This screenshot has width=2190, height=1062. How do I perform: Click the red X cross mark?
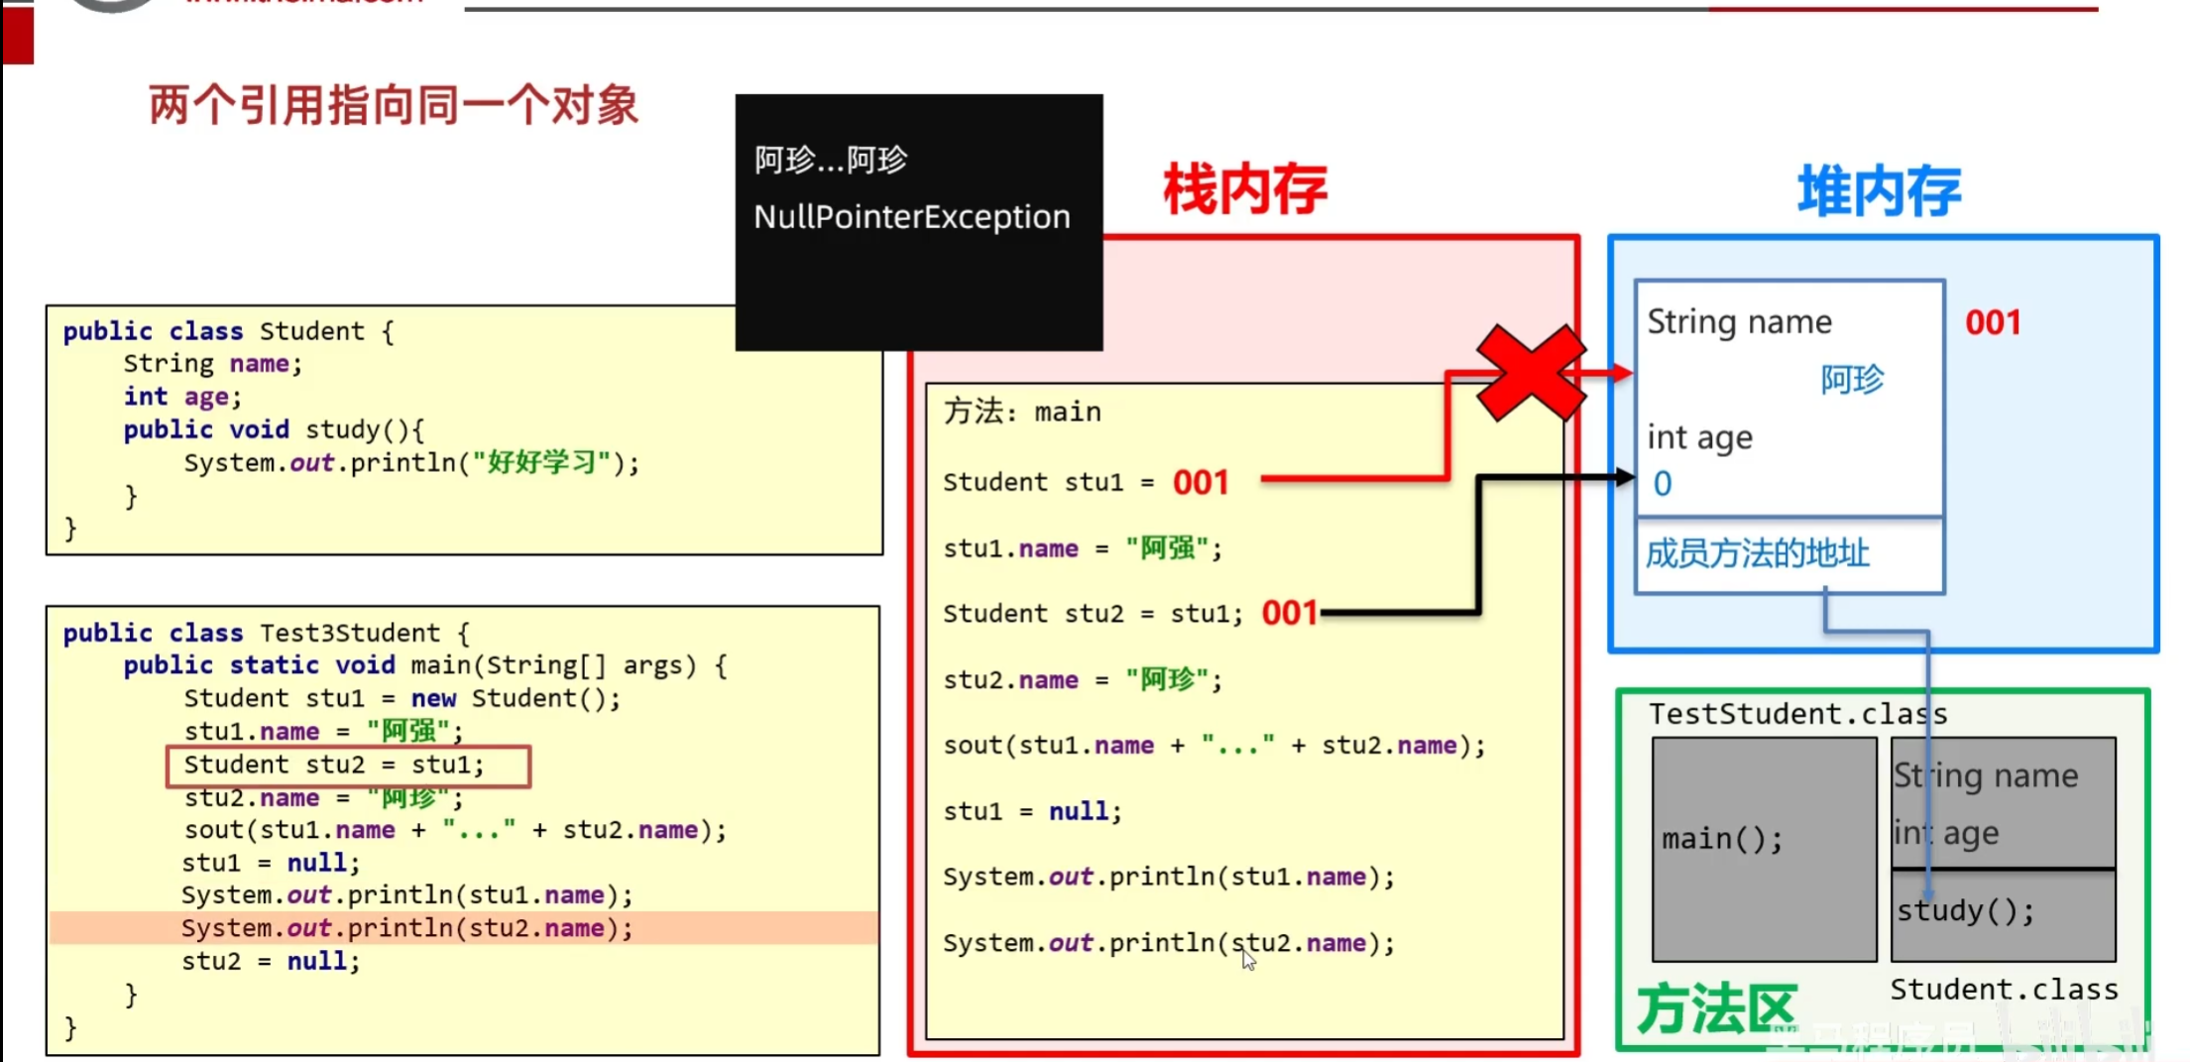(x=1530, y=373)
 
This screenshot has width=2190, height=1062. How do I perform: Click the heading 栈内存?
(x=1244, y=189)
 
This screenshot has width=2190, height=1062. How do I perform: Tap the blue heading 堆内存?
(x=1879, y=191)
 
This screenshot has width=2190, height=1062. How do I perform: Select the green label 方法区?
(x=1715, y=1009)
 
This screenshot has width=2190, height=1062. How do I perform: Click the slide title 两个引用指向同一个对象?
(x=394, y=105)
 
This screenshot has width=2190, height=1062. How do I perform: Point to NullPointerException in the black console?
(x=911, y=216)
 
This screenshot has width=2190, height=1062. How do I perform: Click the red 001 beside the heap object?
(x=1993, y=322)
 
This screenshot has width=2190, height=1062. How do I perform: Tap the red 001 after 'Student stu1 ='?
(x=1201, y=483)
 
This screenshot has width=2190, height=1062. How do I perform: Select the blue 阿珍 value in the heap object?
(x=1851, y=379)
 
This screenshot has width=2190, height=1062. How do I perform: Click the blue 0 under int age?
(x=1663, y=484)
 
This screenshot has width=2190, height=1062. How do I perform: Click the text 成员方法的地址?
(x=1757, y=553)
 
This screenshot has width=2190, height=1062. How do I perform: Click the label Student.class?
(x=2004, y=990)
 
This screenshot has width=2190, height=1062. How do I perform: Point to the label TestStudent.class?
(x=1797, y=714)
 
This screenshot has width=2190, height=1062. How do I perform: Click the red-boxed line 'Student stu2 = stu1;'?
(x=348, y=766)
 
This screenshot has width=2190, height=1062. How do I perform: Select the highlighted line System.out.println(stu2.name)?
(x=406, y=928)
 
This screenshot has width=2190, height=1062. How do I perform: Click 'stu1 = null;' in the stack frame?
(x=1032, y=811)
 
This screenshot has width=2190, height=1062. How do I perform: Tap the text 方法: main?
(x=1022, y=412)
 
